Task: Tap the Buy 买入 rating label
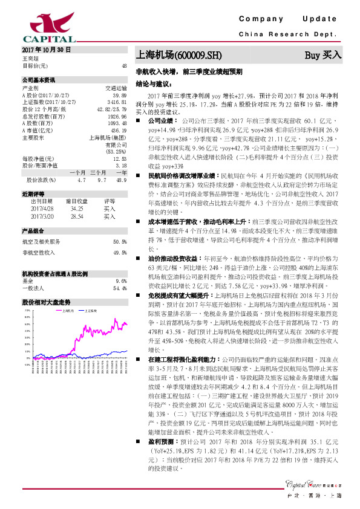click(x=322, y=56)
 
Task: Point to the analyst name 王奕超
click(x=30, y=58)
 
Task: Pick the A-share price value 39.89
click(x=119, y=96)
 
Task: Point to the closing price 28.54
click(x=76, y=215)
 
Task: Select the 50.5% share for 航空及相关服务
click(x=119, y=241)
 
